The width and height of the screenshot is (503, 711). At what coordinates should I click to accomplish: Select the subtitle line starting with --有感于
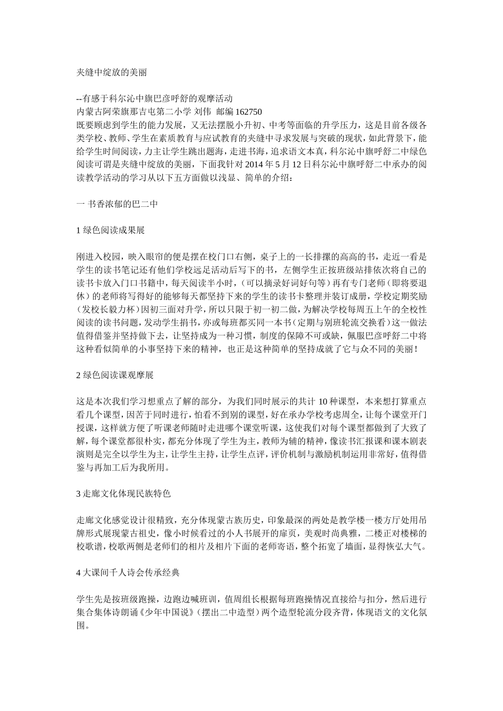[x=154, y=98]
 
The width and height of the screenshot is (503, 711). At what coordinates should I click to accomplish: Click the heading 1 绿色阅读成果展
[x=111, y=230]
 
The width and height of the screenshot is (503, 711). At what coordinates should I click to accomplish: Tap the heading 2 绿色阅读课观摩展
[x=115, y=375]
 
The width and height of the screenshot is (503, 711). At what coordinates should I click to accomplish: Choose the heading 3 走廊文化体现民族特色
[x=124, y=494]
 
